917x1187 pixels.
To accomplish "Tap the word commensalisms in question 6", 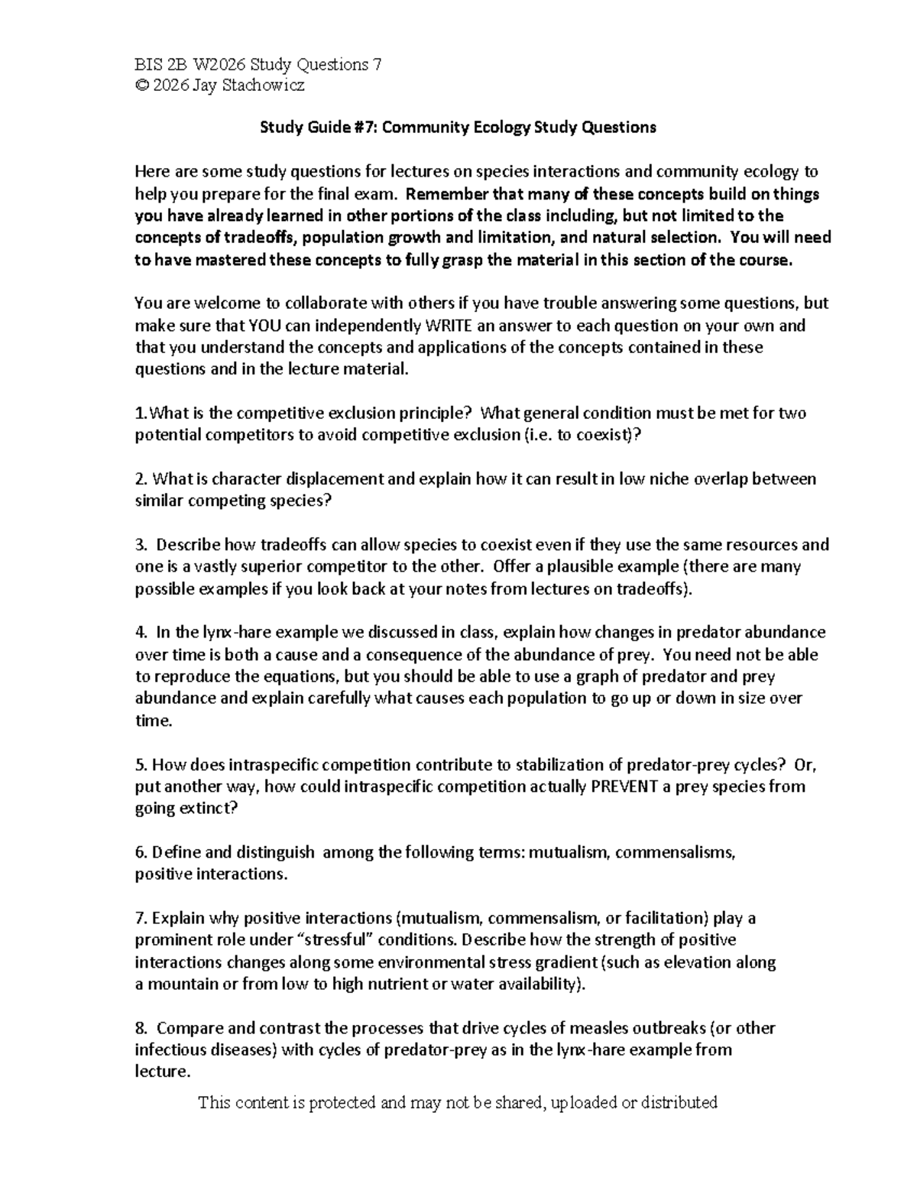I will [x=674, y=852].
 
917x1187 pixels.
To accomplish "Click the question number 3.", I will [x=139, y=545].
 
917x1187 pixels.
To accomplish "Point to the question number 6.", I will [x=139, y=852].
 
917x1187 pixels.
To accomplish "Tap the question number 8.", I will [x=139, y=1028].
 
